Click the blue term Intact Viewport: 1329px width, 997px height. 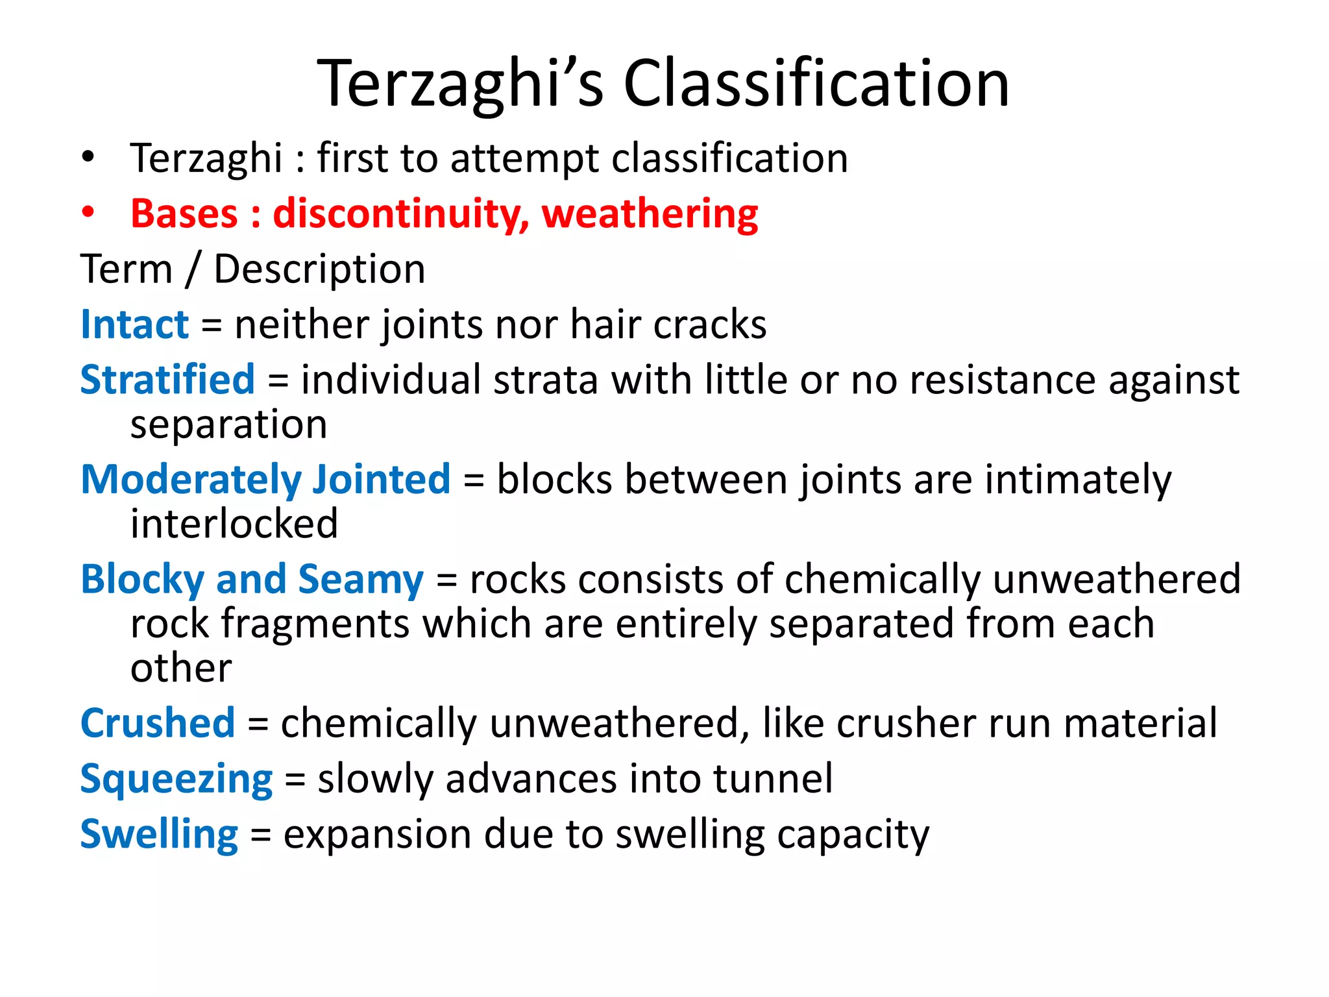click(x=134, y=325)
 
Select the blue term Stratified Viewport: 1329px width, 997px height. click(x=167, y=380)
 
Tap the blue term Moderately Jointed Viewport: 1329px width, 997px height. click(x=265, y=480)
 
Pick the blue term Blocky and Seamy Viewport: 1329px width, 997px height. click(x=252, y=579)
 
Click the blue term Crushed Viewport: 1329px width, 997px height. click(x=157, y=723)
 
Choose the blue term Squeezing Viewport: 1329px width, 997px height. click(x=176, y=779)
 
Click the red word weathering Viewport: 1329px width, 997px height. click(x=650, y=214)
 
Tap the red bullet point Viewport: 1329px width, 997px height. click(x=88, y=213)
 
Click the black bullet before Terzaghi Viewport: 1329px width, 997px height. click(x=88, y=157)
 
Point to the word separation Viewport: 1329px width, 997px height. click(x=228, y=425)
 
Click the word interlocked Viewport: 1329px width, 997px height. click(x=234, y=524)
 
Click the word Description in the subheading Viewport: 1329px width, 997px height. click(x=319, y=269)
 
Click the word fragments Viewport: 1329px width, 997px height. click(x=315, y=624)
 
